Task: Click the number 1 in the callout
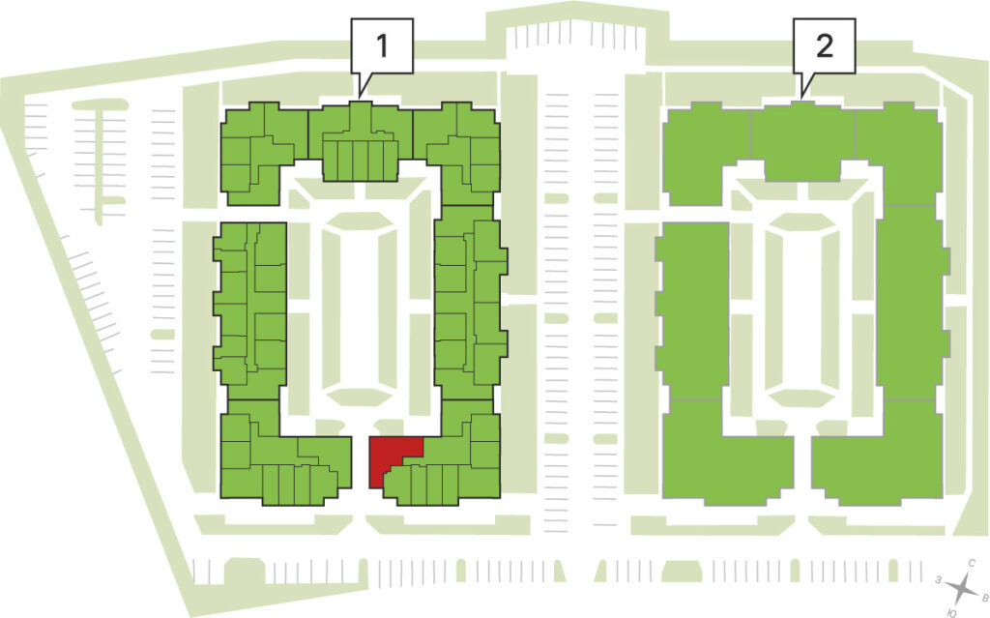pos(382,45)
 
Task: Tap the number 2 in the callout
pos(825,45)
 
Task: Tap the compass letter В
pos(983,596)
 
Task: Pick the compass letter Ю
pos(951,612)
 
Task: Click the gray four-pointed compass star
pos(960,588)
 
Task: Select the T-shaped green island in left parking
pos(100,158)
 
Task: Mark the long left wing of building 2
pos(692,309)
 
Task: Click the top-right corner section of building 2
pos(900,152)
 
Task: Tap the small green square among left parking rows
pos(162,334)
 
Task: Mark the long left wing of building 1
pos(250,309)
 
